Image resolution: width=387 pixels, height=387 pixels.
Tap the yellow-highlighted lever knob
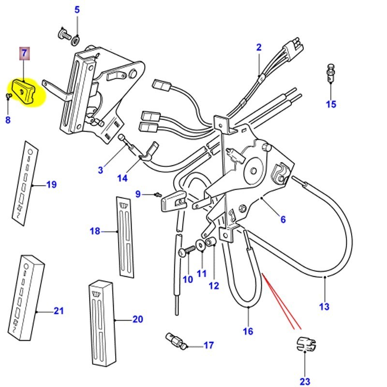pos(27,91)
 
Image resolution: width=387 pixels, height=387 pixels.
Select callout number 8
pos(8,119)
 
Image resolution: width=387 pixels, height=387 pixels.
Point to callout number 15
pos(330,104)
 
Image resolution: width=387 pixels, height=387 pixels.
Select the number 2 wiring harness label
pos(259,47)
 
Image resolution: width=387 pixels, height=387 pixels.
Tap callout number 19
pos(51,184)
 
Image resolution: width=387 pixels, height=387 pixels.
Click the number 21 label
pos(58,311)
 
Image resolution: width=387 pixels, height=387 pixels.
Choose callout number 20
pos(137,319)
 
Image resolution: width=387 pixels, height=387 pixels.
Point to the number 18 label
pos(95,231)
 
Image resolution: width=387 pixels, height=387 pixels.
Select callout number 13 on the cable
pos(324,306)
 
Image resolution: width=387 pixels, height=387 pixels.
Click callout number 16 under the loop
pos(248,332)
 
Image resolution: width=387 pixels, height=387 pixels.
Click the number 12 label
pos(213,285)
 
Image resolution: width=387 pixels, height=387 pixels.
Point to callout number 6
pos(283,220)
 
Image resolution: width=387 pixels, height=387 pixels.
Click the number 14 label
pos(122,178)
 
